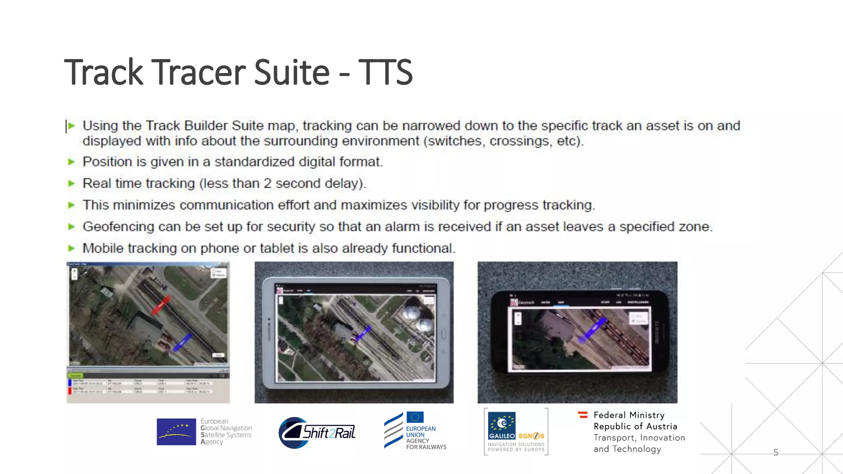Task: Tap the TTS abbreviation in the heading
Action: coord(385,72)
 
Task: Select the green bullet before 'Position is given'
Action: coord(72,162)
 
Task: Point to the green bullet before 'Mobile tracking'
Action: coord(72,248)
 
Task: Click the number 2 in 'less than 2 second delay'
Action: coord(268,184)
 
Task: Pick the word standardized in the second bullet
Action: coord(254,162)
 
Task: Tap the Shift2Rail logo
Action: coord(317,432)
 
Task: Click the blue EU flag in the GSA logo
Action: coord(176,432)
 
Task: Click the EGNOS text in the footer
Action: coord(531,436)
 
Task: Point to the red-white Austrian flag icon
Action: coord(583,415)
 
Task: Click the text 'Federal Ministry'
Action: coord(629,415)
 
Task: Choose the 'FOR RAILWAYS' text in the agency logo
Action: coord(426,447)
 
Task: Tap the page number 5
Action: coord(775,453)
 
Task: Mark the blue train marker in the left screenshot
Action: coord(182,342)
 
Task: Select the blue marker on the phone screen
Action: coord(593,330)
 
